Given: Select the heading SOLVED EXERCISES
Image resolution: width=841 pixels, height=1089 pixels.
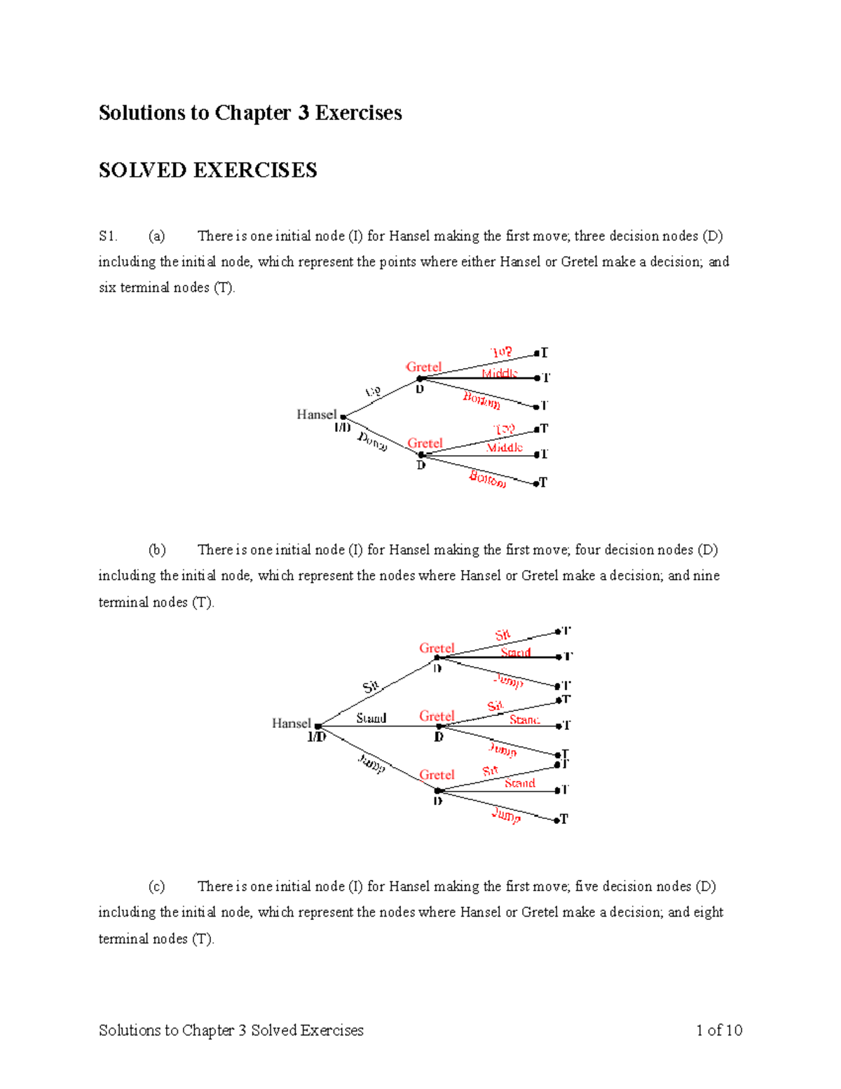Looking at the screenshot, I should click(x=207, y=170).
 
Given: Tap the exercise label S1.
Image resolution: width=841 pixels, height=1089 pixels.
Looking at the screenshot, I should click(x=108, y=236).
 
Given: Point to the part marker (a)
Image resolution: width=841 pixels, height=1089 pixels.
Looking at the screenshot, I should click(x=156, y=236).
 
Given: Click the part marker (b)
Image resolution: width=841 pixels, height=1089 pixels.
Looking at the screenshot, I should click(x=156, y=550).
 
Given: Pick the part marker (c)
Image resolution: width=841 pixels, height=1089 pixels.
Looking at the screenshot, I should click(x=156, y=886).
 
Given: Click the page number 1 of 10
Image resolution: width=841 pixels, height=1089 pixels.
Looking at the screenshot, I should click(x=719, y=1030).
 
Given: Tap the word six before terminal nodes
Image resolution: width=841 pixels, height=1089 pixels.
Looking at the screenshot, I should click(x=107, y=288).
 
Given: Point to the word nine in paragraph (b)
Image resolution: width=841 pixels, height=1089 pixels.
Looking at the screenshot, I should click(x=706, y=576).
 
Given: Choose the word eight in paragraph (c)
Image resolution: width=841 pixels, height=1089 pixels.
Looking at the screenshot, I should click(x=709, y=912).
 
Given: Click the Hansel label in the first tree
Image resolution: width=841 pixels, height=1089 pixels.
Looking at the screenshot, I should click(x=316, y=414).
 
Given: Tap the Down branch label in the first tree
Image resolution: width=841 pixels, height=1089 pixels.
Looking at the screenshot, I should click(x=372, y=441).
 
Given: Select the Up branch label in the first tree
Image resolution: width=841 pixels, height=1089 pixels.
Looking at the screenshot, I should click(x=373, y=392).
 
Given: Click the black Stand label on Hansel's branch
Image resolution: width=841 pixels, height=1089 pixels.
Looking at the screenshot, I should click(x=371, y=718).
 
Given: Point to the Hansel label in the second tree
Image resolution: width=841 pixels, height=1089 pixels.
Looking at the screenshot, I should click(x=291, y=723).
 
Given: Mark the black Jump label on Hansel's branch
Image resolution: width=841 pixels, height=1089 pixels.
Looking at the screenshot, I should click(x=371, y=763).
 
